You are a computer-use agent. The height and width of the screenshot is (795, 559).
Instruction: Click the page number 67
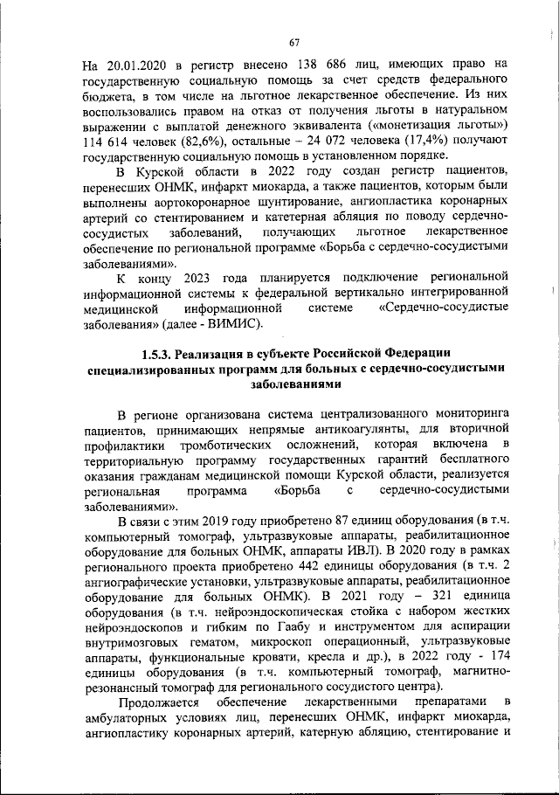click(x=294, y=42)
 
